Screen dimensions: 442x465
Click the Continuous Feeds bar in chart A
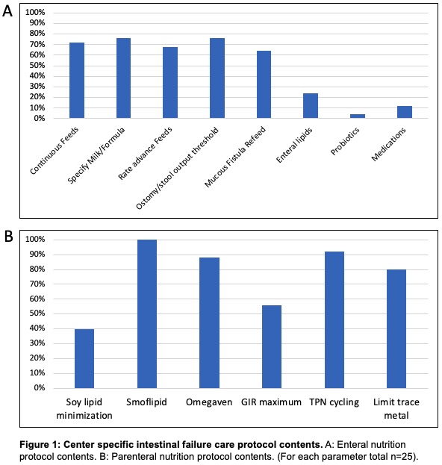point(77,81)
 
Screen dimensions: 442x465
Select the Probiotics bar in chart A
point(358,116)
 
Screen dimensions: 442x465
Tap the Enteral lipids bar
point(311,105)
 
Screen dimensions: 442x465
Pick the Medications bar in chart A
point(405,112)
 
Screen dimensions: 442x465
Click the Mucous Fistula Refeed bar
point(264,84)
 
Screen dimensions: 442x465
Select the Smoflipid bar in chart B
point(147,313)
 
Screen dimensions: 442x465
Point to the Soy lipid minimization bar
point(84,358)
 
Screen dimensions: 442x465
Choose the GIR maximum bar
point(272,346)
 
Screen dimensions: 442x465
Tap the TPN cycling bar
point(334,319)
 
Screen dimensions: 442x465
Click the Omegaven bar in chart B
point(209,322)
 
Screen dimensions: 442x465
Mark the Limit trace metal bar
point(396,328)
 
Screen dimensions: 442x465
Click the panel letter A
point(7,11)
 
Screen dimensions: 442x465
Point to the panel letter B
point(8,237)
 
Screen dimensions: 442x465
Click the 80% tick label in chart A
point(37,34)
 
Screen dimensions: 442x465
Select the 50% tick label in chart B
point(37,313)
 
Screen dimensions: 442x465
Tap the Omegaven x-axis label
point(209,402)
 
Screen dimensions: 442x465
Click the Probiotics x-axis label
point(345,141)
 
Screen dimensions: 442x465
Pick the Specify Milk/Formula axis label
point(96,155)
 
